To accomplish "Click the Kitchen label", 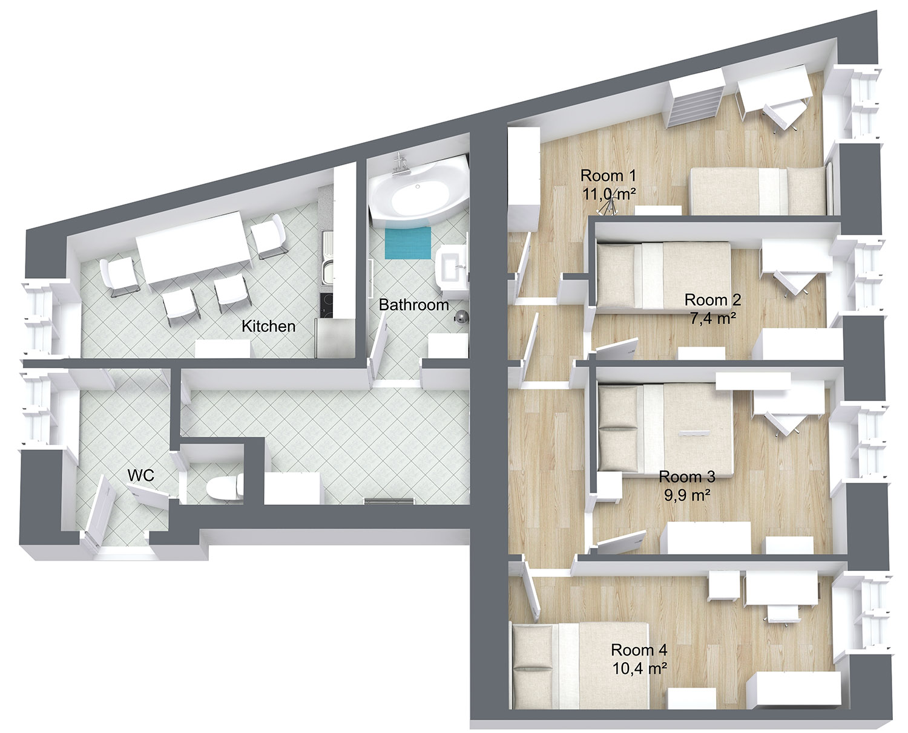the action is tap(268, 326).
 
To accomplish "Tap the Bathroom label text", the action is tap(413, 305).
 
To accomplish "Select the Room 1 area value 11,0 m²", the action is tap(609, 195).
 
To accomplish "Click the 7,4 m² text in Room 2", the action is tap(714, 318).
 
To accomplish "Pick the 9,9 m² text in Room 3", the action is tap(687, 495).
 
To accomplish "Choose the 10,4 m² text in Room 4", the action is tap(639, 668).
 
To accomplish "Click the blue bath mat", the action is tap(407, 243).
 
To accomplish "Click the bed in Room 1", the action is tap(757, 192).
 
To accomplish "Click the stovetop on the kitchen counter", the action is tap(327, 305).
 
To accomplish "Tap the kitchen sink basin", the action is tap(328, 273).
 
